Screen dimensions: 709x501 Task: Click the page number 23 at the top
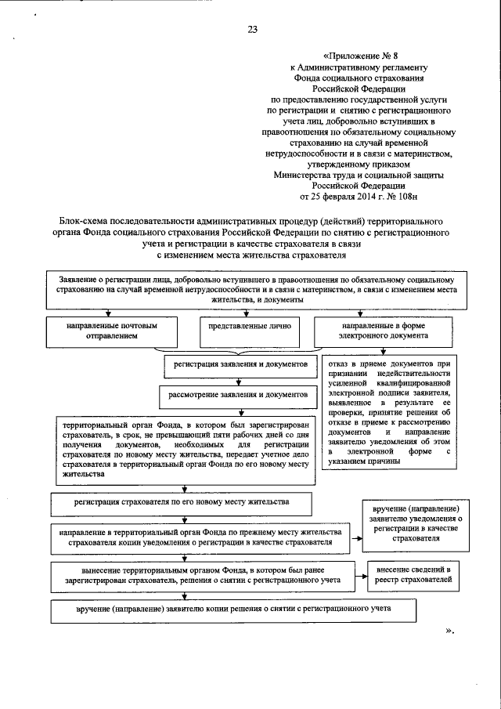pyautogui.click(x=252, y=30)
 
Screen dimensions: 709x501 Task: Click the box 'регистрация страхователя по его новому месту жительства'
pyautogui.click(x=181, y=501)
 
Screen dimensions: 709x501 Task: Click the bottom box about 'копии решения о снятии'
pyautogui.click(x=232, y=610)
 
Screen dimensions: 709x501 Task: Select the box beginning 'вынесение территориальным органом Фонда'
pyautogui.click(x=200, y=576)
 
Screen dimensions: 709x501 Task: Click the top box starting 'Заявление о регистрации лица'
pyautogui.click(x=250, y=290)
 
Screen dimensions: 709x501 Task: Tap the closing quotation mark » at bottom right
pyautogui.click(x=449, y=631)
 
